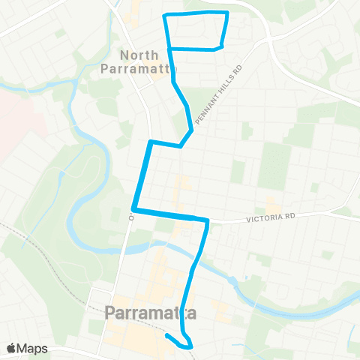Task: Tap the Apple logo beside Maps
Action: pos(11,348)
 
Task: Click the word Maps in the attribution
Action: pos(32,348)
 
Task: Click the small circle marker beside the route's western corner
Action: pos(130,218)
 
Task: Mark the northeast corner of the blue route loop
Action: pos(226,13)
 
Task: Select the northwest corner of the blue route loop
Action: pos(166,16)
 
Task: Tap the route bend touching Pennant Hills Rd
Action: pos(191,131)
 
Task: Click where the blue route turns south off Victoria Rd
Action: pos(206,221)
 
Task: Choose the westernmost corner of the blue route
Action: pos(133,210)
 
